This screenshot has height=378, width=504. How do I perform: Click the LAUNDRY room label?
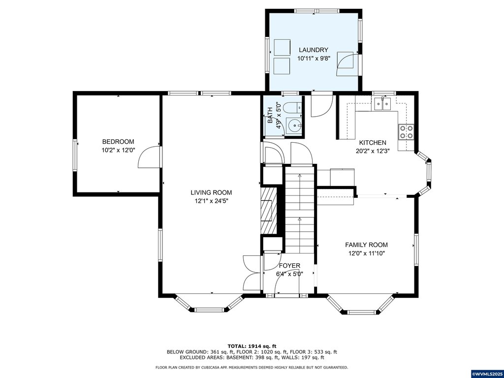tap(314, 50)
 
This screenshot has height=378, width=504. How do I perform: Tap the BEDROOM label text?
tap(118, 142)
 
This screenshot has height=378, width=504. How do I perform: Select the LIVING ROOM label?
tap(211, 193)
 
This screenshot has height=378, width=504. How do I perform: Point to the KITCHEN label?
tap(373, 143)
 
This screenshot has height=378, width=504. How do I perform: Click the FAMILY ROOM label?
tap(366, 245)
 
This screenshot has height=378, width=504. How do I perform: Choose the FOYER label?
tap(289, 266)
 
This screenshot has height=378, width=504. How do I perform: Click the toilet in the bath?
tap(294, 107)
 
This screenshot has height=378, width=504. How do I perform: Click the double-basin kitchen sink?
tap(382, 104)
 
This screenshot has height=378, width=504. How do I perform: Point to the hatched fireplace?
tap(268, 210)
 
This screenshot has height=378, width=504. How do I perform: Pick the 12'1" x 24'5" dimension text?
tap(211, 201)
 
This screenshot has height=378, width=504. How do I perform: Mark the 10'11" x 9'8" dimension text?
tap(314, 59)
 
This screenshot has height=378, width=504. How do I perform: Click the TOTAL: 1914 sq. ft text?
tap(252, 346)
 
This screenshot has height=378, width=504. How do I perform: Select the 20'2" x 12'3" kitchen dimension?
tap(373, 151)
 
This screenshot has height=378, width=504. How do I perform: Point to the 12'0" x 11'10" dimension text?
tap(367, 253)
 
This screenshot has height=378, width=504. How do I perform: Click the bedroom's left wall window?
tap(75, 155)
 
